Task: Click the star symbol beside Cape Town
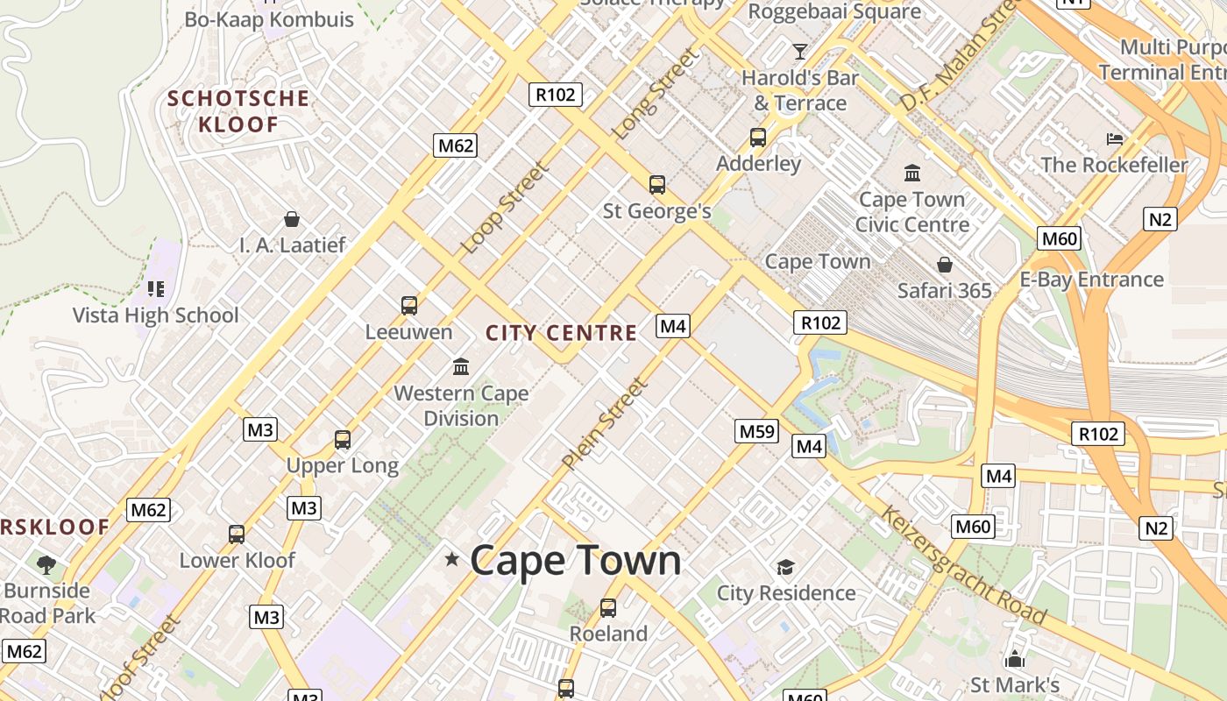(452, 559)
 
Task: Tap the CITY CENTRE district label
(561, 333)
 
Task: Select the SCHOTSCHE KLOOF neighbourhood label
(238, 111)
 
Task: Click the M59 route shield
(756, 431)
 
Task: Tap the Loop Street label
(505, 208)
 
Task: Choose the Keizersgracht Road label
(963, 565)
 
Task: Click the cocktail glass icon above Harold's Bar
(800, 51)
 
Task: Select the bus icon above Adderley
(758, 138)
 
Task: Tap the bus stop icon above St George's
(657, 185)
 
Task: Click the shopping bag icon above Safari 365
(945, 265)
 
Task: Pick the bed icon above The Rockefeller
(1115, 138)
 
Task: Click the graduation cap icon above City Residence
(785, 567)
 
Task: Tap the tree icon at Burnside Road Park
(46, 565)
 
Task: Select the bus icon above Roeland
(608, 607)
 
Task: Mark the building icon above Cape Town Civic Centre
(912, 173)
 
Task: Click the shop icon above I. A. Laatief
(292, 219)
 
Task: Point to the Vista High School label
(155, 315)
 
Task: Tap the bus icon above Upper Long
(343, 440)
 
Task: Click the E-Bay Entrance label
(1091, 280)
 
